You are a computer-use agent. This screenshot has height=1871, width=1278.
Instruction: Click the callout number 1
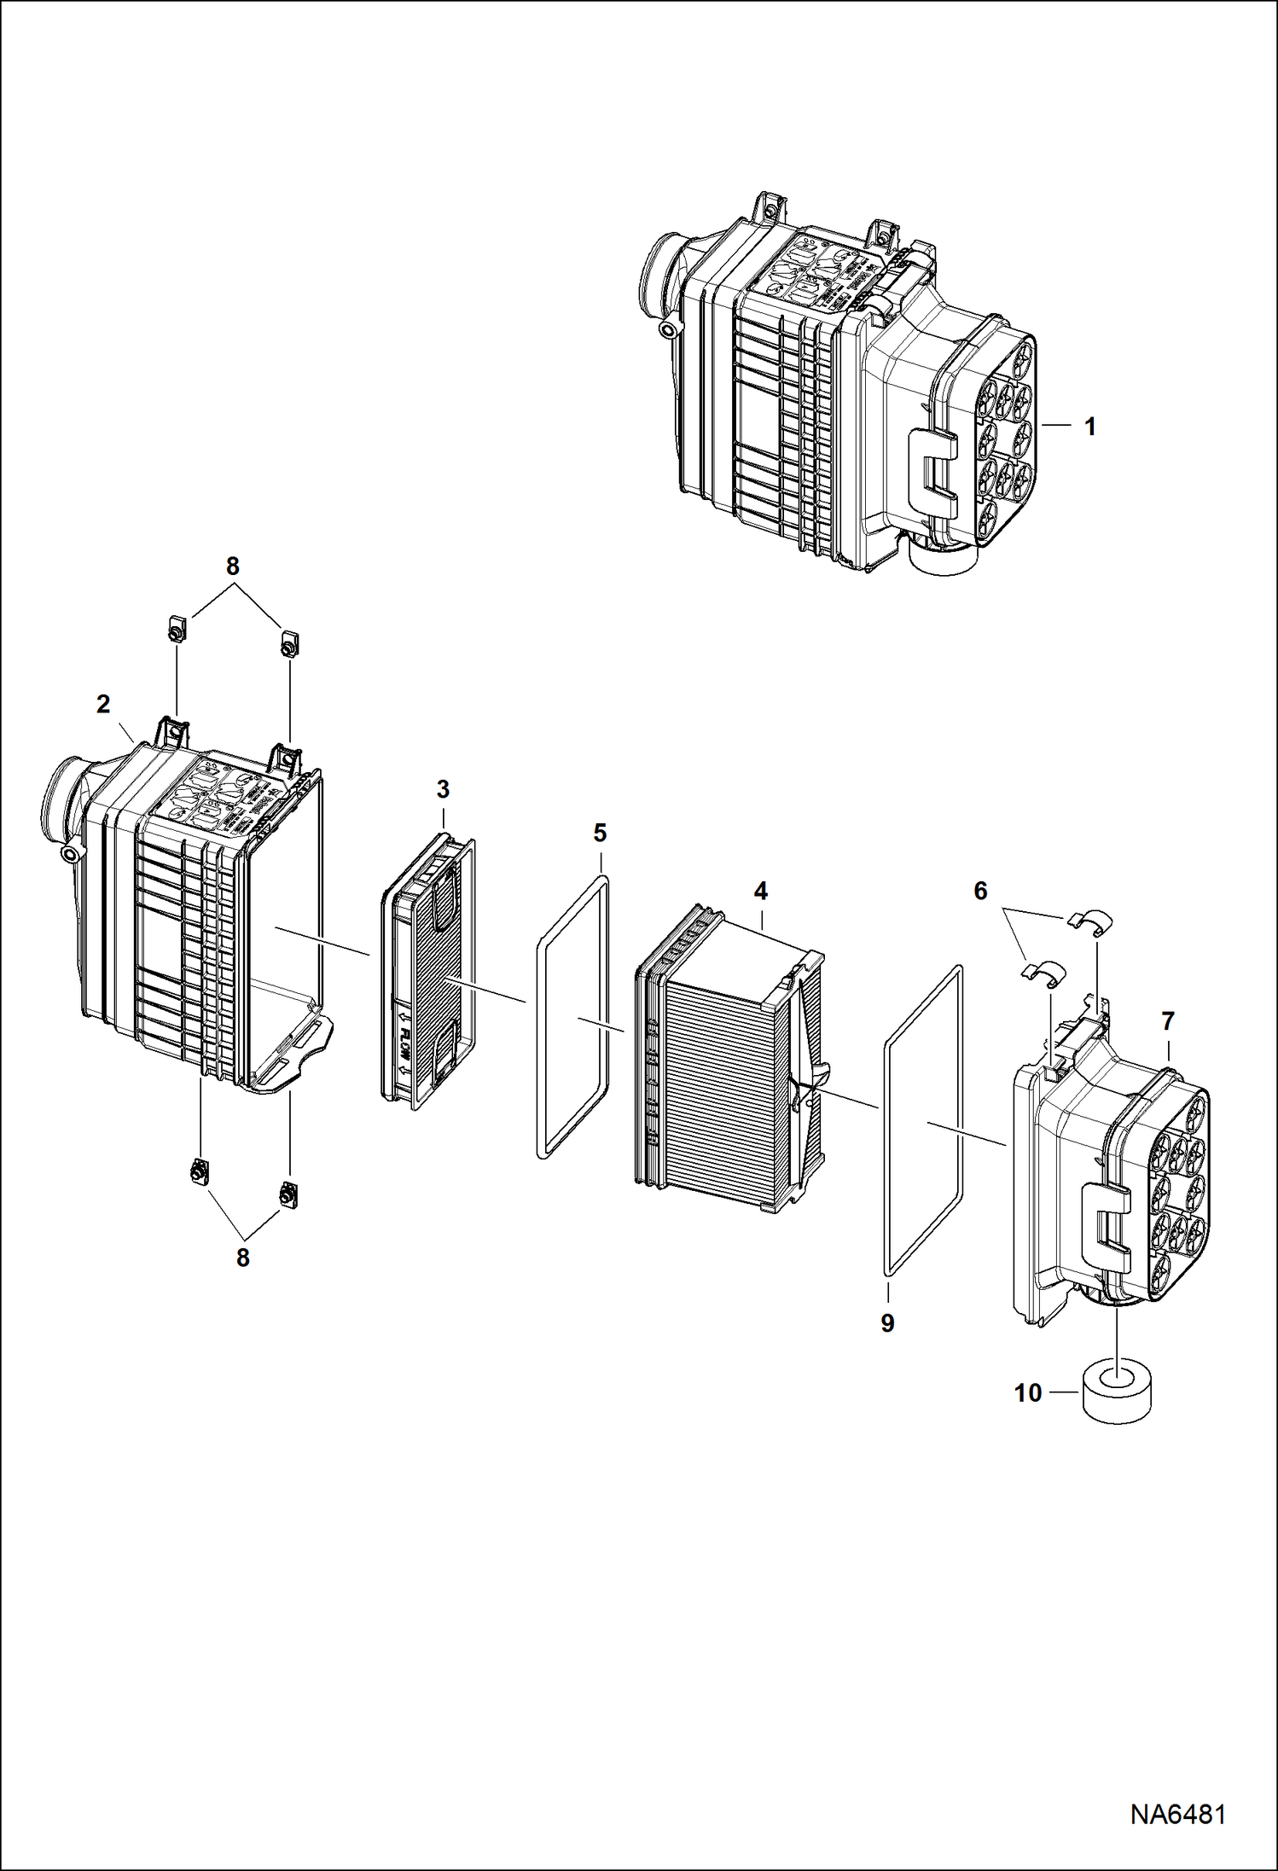[x=1089, y=427]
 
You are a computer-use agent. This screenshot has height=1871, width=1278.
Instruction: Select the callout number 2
[x=103, y=705]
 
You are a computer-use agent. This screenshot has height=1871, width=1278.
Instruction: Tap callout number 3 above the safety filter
[x=442, y=789]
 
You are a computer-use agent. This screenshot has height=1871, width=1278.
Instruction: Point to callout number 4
[x=760, y=892]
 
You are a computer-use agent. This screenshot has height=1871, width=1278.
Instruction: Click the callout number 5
[x=600, y=833]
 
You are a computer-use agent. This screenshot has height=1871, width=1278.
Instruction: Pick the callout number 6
[x=980, y=892]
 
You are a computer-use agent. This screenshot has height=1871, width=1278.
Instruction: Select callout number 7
[x=1167, y=1020]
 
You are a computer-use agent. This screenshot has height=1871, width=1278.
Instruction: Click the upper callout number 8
[x=232, y=567]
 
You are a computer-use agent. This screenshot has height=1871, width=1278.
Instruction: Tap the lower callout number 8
[x=243, y=1258]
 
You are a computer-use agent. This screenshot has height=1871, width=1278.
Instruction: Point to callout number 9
[x=887, y=1323]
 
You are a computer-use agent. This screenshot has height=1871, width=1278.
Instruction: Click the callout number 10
[x=1028, y=1393]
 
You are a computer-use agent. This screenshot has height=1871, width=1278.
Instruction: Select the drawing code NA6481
[x=1177, y=1814]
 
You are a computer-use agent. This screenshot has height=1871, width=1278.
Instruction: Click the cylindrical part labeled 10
[x=1115, y=1392]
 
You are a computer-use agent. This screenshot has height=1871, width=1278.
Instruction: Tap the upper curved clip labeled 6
[x=1089, y=921]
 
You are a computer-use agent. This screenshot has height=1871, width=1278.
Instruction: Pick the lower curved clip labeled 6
[x=1044, y=971]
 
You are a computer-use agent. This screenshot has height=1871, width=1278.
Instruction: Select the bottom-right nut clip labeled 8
[x=287, y=1193]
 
